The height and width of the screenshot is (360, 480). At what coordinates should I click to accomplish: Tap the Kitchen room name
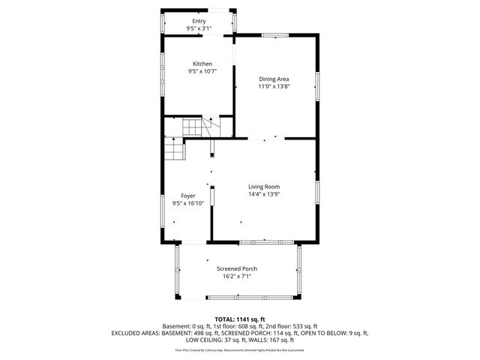tap(202, 64)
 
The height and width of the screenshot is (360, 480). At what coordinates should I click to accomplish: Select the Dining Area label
tap(274, 79)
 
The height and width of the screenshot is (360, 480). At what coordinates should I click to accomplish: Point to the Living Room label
tap(264, 186)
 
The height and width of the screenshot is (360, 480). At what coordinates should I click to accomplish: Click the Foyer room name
tap(187, 196)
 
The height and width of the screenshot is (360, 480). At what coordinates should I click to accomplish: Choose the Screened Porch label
tap(237, 268)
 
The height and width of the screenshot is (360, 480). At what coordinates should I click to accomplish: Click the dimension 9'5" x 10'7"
tap(202, 72)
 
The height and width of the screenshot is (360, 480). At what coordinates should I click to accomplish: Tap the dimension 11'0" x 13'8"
tap(274, 86)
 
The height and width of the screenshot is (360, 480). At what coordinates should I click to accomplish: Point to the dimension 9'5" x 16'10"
tap(187, 203)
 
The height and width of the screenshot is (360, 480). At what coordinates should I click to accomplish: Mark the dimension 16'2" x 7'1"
tap(237, 276)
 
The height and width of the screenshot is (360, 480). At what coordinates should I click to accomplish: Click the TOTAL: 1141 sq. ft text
tap(240, 319)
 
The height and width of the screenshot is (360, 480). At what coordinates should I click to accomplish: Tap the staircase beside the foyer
tap(175, 150)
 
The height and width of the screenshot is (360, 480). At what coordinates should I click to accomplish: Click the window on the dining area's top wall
tap(274, 34)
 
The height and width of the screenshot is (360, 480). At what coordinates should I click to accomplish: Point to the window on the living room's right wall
tap(317, 191)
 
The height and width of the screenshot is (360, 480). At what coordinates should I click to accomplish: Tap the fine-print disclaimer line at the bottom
tap(240, 350)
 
